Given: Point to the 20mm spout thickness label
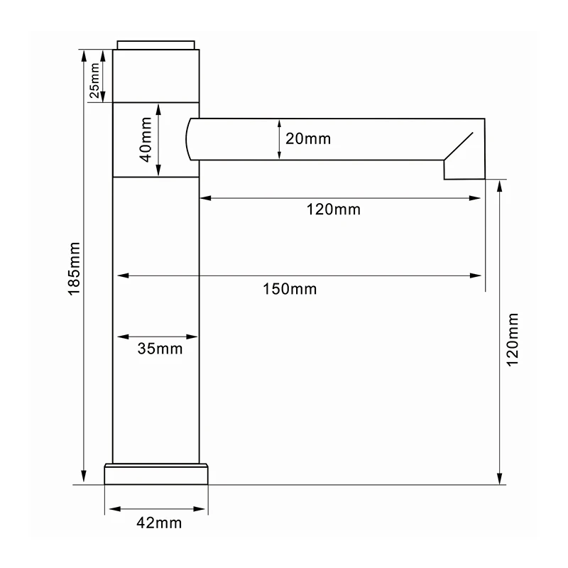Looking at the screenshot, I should coord(308,138).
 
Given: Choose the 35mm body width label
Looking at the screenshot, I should coord(159,349).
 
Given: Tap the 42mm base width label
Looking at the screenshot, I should coord(158,523).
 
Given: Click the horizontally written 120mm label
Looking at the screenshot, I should coord(333,209).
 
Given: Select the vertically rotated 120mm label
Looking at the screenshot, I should coord(514,339).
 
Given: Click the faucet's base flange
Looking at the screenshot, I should coord(158,474).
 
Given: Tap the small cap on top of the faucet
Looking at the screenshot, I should coord(158,45).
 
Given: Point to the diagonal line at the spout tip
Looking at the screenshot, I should coord(460,146).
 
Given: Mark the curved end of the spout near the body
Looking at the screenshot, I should coord(189,138).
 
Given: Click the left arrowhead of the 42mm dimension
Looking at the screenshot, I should coord(111,509).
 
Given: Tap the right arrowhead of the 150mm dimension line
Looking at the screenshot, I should coord(481,275).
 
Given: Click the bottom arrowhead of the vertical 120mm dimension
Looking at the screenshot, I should coord(501,479).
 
